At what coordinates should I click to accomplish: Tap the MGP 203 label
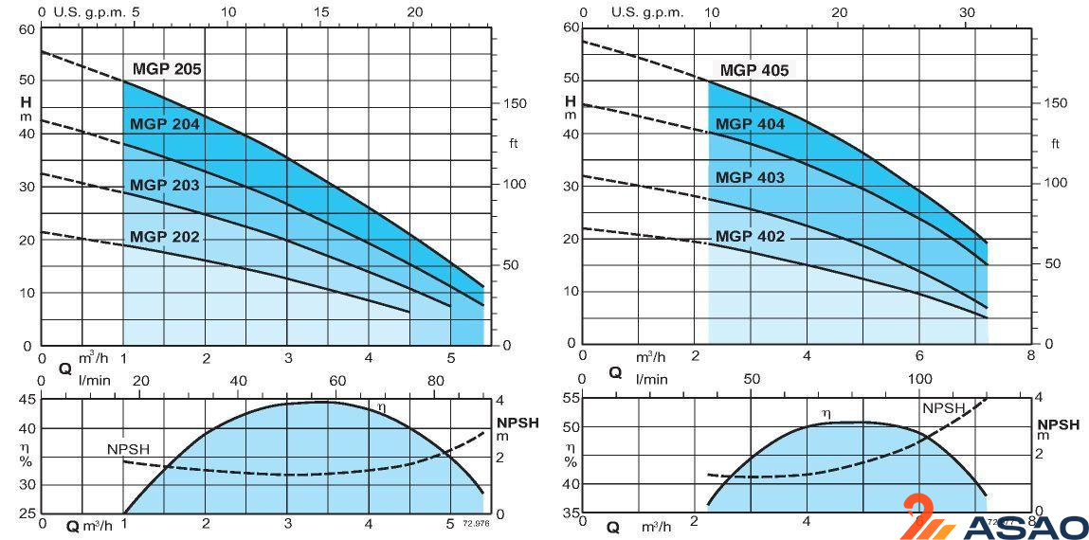164,186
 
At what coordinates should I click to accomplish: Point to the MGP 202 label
164,238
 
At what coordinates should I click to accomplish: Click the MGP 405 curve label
753,70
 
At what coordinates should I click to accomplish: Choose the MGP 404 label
750,124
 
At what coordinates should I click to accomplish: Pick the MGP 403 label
750,177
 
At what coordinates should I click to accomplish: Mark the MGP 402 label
750,237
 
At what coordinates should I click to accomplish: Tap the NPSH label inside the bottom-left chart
129,449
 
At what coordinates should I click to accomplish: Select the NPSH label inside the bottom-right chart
943,408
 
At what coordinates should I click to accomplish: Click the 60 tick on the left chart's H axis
25,28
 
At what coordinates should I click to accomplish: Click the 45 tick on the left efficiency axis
26,400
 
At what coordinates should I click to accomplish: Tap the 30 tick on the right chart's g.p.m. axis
967,12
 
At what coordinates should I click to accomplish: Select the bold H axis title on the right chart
571,101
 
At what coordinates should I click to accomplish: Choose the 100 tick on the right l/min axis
920,379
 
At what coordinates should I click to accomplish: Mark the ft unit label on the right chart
1055,143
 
